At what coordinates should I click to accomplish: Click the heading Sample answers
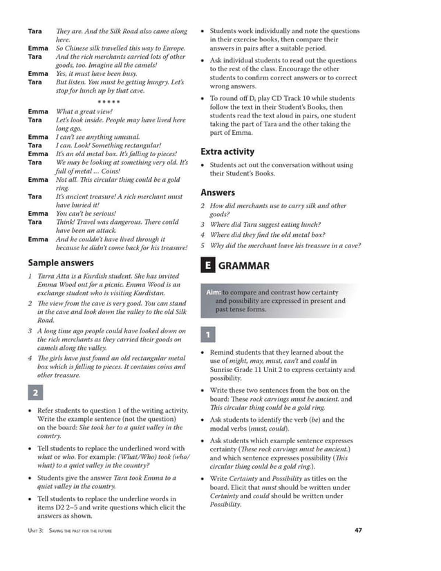[62, 263]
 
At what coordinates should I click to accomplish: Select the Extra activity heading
[227, 151]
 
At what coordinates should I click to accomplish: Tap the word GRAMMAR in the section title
[244, 266]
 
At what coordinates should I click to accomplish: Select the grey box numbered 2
[35, 393]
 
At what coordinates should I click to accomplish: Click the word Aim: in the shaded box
[214, 292]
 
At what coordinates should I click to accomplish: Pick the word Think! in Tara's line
[66, 223]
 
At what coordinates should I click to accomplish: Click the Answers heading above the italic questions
[218, 193]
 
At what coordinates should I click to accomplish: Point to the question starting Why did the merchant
[285, 245]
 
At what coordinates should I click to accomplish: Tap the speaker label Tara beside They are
[35, 31]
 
